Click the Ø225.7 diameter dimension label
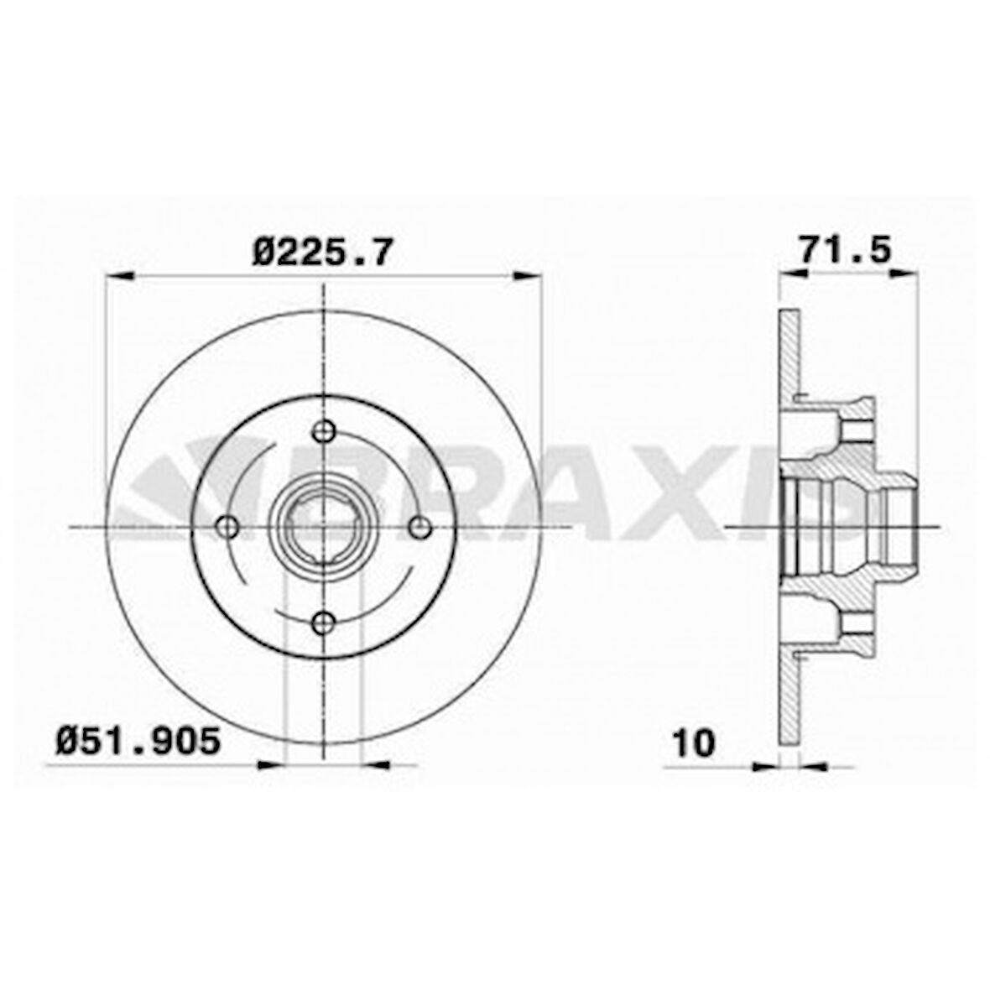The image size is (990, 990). (x=322, y=252)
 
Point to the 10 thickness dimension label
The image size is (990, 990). (x=693, y=742)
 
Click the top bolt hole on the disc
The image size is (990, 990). (x=323, y=431)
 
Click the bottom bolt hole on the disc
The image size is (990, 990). (x=323, y=622)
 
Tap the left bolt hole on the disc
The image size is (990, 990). (x=227, y=527)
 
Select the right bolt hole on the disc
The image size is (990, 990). (x=419, y=527)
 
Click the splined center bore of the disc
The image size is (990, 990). (x=323, y=527)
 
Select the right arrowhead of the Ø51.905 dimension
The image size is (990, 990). (x=374, y=764)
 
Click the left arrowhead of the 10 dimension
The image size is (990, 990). (x=767, y=765)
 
